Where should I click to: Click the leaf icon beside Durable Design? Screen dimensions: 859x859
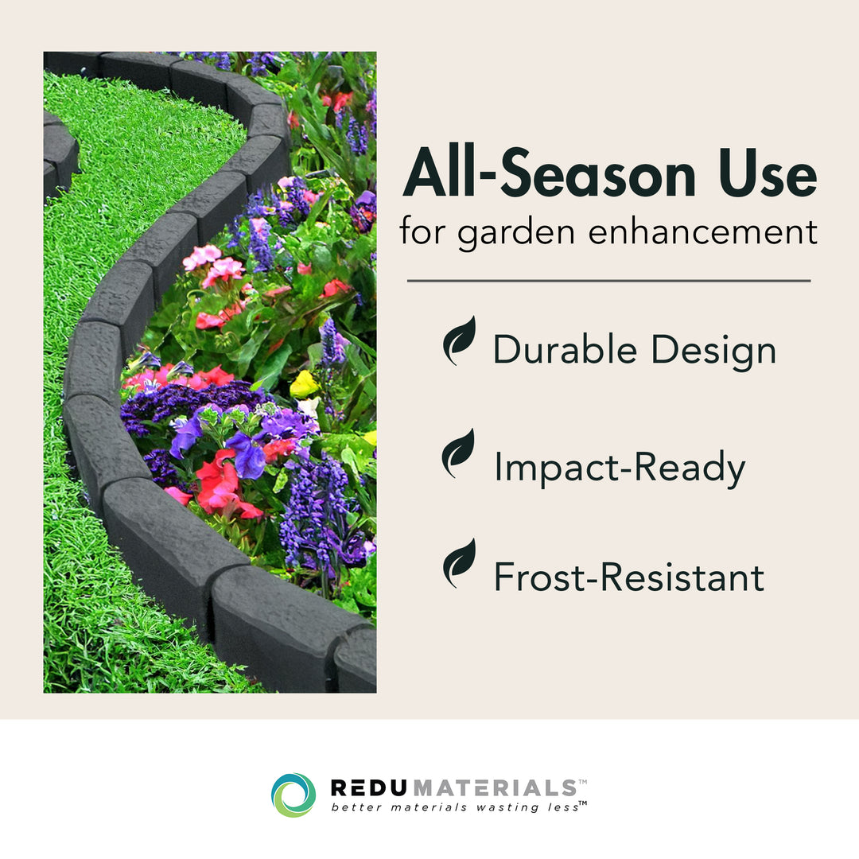459,341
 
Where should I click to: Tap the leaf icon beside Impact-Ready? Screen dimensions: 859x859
459,453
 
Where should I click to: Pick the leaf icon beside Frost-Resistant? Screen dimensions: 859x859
459,563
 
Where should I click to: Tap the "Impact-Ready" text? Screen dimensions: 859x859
620,468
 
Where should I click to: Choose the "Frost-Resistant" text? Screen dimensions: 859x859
628,577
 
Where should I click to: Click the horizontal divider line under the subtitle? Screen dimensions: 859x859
608,281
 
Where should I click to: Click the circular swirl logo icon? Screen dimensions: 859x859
293,795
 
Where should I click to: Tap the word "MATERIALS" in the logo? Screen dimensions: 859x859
496,788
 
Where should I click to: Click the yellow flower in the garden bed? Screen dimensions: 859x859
303,385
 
